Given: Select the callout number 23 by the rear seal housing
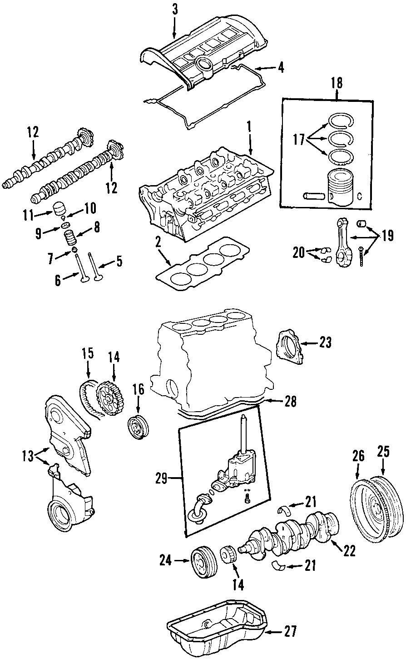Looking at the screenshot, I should (325, 343).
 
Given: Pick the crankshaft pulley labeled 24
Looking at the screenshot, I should (203, 563).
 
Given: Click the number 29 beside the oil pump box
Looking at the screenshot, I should (162, 479).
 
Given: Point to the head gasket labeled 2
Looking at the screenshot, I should (202, 264).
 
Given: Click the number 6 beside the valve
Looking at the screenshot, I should (58, 281).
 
